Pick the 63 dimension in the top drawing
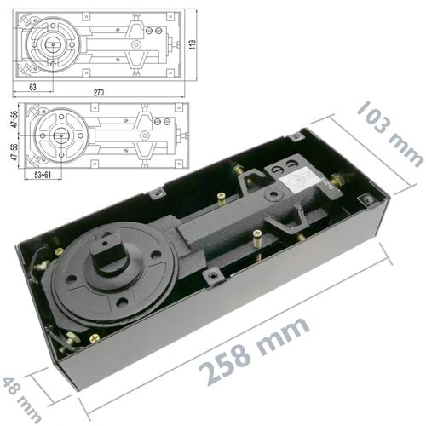pyautogui.click(x=32, y=87)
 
